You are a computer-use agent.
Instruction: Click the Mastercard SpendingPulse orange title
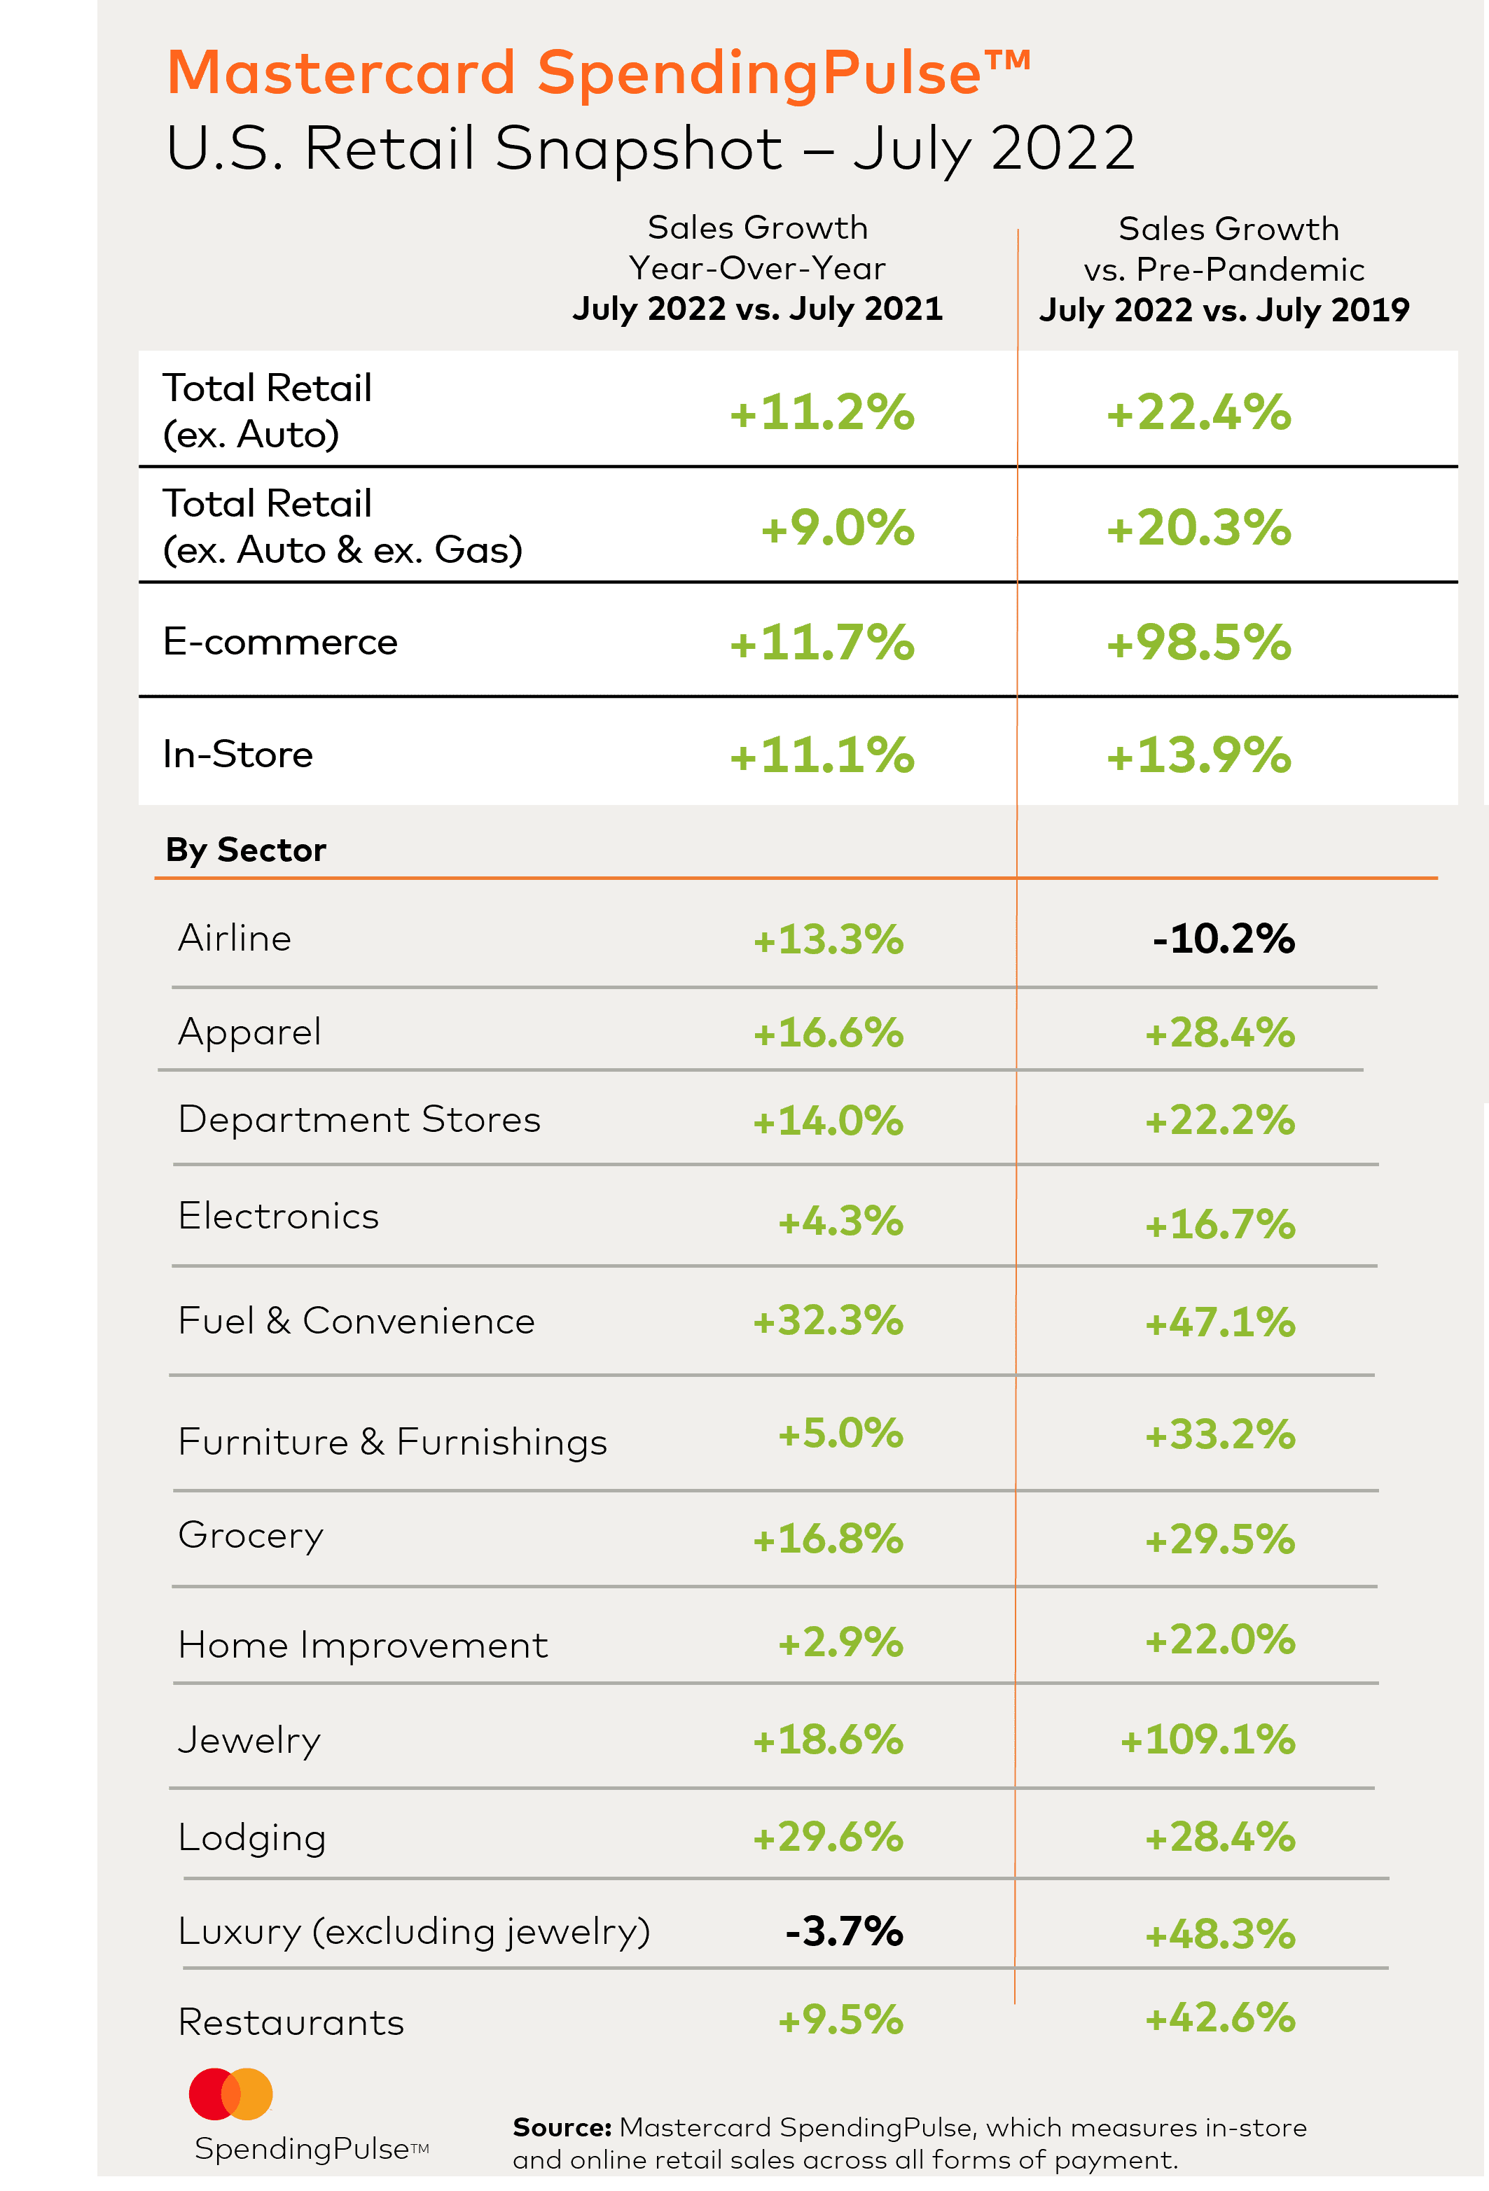(x=599, y=73)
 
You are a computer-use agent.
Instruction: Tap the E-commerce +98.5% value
(x=1198, y=643)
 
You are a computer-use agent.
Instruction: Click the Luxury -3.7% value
(x=844, y=1931)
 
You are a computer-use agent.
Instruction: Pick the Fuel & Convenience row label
(x=356, y=1321)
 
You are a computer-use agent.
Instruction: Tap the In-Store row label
(x=237, y=754)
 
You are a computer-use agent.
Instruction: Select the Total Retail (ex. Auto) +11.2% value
(x=822, y=413)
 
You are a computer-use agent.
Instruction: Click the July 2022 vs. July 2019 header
(x=1224, y=310)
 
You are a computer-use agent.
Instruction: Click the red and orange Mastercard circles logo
(x=231, y=2094)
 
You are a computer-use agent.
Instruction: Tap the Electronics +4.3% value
(x=840, y=1221)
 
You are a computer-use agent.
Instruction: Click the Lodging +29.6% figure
(x=828, y=1837)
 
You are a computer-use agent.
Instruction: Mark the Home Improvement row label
(x=363, y=1645)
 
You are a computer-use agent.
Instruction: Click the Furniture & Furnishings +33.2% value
(x=1219, y=1435)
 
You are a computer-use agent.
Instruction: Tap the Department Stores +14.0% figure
(x=828, y=1121)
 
